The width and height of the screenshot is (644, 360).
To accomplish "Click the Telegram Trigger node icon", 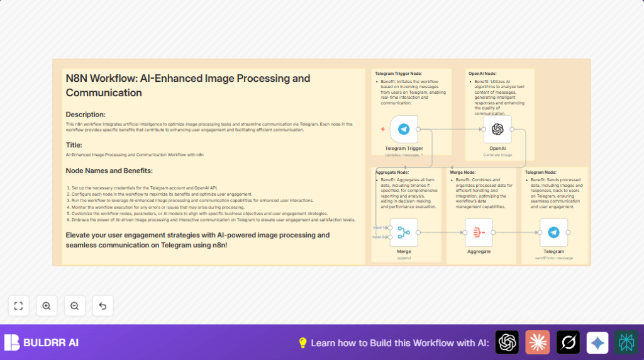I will coord(404,129).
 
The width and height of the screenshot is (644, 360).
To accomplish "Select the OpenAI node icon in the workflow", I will coord(497,129).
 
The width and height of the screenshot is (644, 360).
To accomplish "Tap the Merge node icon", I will coord(404,232).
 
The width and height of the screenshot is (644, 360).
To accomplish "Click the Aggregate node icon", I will coord(479,232).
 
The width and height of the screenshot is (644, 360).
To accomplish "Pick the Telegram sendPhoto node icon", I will coord(553,232).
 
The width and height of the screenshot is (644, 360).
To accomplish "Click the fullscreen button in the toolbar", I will coord(18,306).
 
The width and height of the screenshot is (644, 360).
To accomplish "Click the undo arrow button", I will coord(103,306).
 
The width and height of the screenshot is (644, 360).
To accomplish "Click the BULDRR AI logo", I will coord(42,342).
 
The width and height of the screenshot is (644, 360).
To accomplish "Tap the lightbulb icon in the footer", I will coord(303,342).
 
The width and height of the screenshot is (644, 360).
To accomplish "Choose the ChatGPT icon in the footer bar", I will coord(507,342).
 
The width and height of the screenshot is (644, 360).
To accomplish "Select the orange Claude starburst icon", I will coord(538,342).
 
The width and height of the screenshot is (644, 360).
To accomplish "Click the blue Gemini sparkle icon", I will coord(597,342).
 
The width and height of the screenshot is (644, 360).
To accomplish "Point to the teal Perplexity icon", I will coord(626,342).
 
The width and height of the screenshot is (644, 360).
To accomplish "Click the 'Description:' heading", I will coord(86,115).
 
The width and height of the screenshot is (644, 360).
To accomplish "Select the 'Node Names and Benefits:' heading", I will coord(109,171).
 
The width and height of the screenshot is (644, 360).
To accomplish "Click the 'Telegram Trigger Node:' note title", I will coord(398,74).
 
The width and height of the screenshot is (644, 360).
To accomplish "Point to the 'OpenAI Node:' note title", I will coord(482,74).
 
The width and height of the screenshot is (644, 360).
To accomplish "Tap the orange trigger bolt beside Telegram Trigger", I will coord(382,129).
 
